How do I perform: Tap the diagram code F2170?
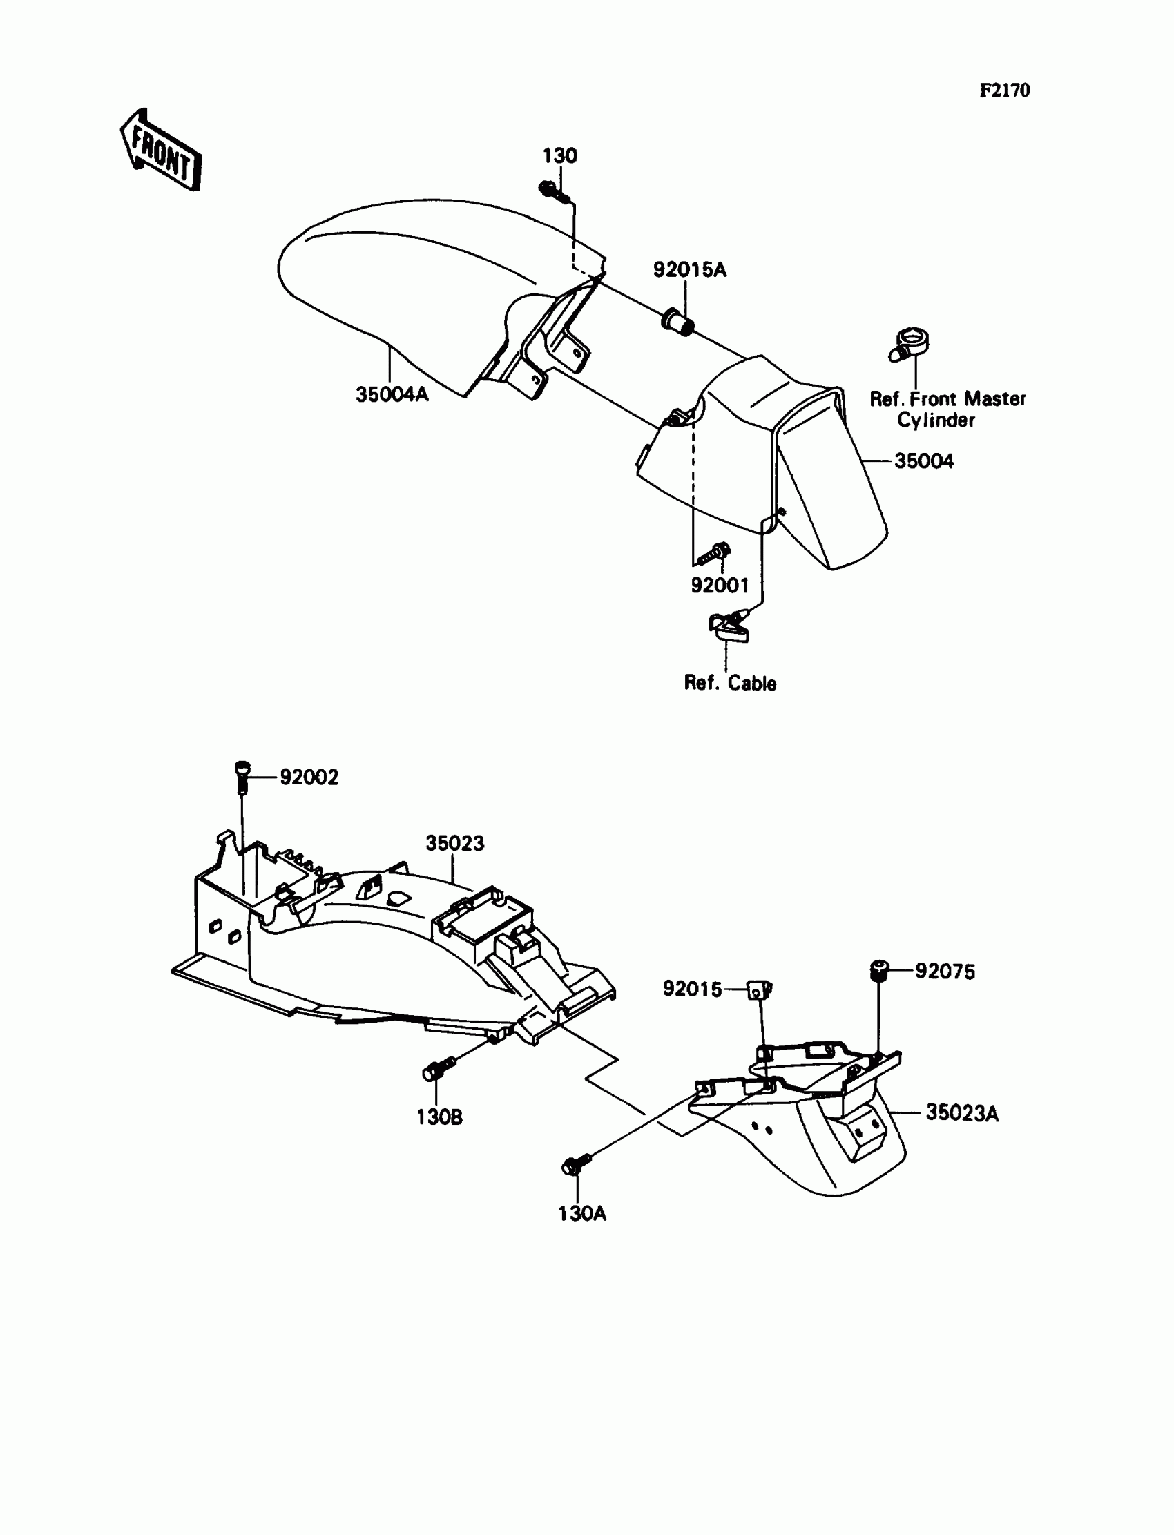(1004, 90)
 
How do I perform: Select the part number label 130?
(560, 156)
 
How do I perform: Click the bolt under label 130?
(552, 191)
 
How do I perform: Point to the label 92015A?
(690, 270)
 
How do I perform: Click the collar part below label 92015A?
(678, 323)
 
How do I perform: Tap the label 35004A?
(392, 395)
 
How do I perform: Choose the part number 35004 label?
(924, 461)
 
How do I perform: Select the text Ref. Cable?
(729, 684)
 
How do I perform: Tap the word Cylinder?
(936, 421)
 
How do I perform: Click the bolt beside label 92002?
(242, 775)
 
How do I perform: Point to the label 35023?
(454, 843)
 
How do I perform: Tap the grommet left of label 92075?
(878, 970)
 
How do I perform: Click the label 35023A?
(961, 1113)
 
